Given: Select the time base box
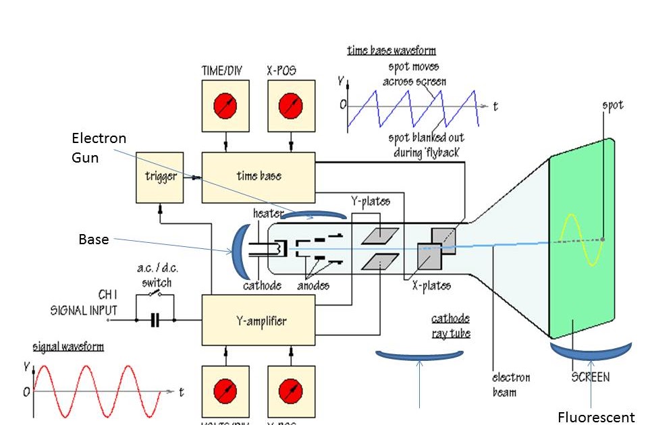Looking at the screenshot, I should pyautogui.click(x=259, y=177).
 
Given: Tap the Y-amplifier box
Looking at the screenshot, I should pyautogui.click(x=259, y=320).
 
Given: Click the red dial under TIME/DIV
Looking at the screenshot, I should pyautogui.click(x=225, y=106).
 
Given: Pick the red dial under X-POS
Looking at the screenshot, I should pyautogui.click(x=292, y=106).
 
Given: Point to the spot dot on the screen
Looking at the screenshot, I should pyautogui.click(x=603, y=239).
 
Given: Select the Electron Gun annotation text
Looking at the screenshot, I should pyautogui.click(x=99, y=147).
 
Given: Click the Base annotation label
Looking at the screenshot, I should pyautogui.click(x=93, y=239).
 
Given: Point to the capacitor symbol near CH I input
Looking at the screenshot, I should pyautogui.click(x=155, y=320).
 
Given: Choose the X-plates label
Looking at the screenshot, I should pyautogui.click(x=431, y=285).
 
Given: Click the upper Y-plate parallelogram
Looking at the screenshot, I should pyautogui.click(x=380, y=236).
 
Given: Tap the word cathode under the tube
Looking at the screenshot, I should pyautogui.click(x=262, y=285).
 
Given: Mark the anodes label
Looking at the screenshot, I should pyautogui.click(x=313, y=285).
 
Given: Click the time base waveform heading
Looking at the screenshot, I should pyautogui.click(x=391, y=51).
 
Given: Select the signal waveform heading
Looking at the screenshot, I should pyautogui.click(x=68, y=347).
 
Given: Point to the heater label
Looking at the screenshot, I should pyautogui.click(x=268, y=213).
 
